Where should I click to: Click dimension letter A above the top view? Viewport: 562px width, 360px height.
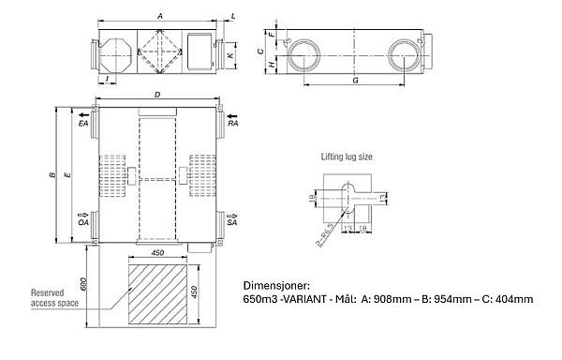click(161, 16)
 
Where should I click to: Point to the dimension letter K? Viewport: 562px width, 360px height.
click(231, 56)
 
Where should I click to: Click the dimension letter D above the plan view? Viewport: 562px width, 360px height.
click(156, 95)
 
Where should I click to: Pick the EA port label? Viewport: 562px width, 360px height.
click(84, 123)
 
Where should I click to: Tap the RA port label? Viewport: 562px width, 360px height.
click(231, 123)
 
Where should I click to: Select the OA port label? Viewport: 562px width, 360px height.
click(84, 222)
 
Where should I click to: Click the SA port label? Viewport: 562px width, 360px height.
click(231, 222)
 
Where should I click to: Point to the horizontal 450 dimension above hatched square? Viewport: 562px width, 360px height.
click(157, 251)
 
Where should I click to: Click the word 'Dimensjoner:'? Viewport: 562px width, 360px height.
click(272, 281)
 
